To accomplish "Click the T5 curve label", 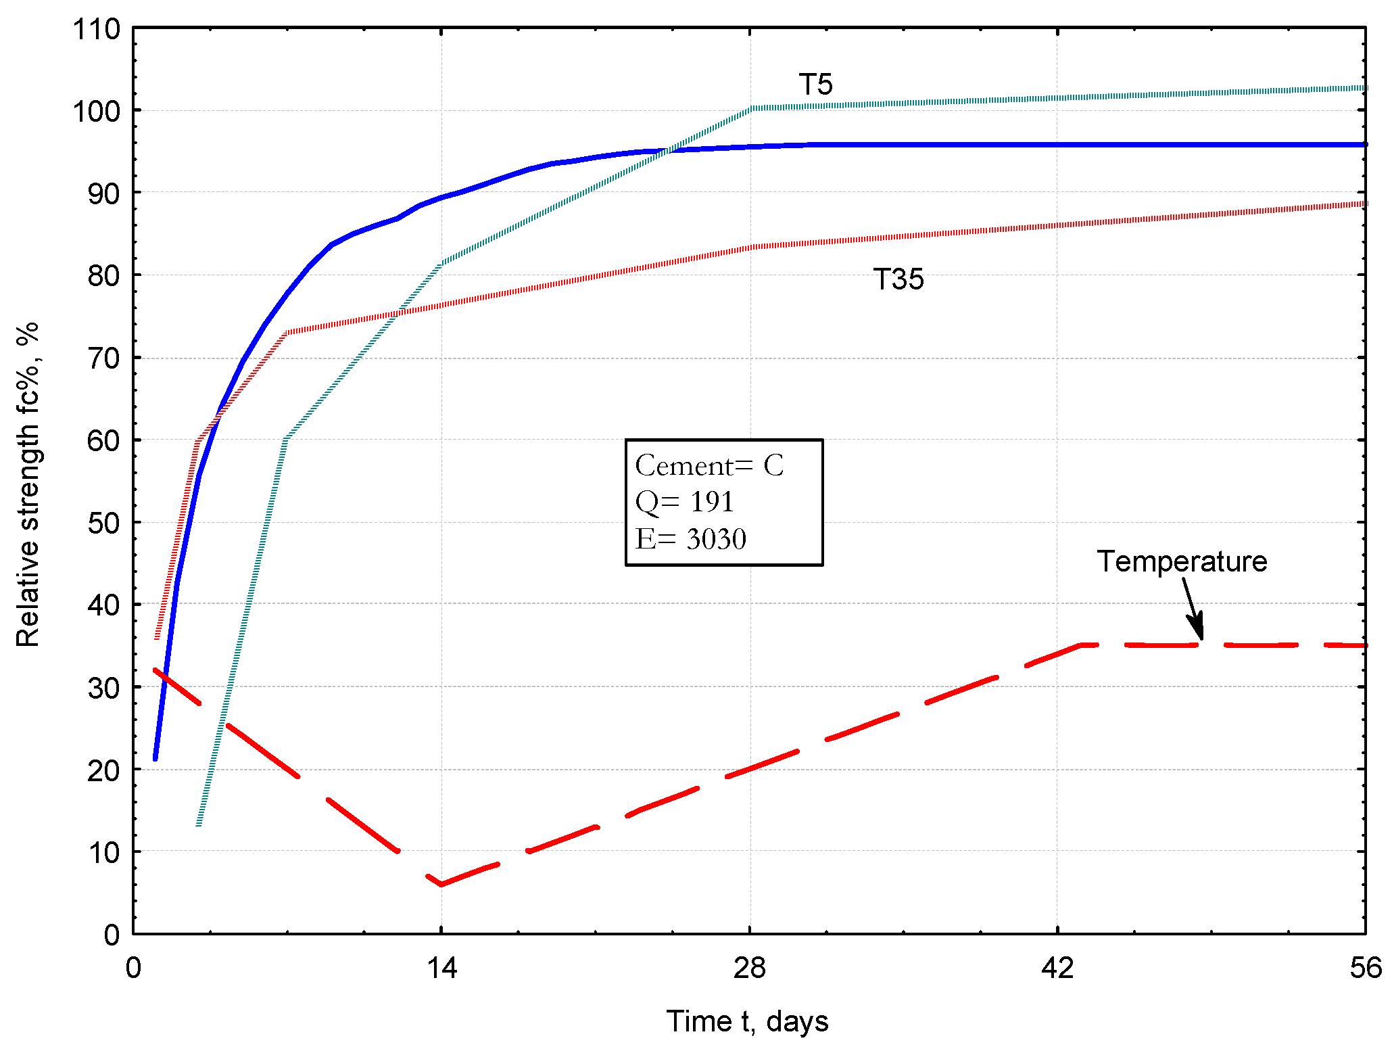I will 815,85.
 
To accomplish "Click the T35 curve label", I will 898,279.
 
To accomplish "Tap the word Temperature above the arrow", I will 1181,561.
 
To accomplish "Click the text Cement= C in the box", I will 709,465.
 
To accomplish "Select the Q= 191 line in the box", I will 684,502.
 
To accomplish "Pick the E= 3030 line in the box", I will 690,539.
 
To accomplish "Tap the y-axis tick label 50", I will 103,523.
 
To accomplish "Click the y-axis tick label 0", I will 112,935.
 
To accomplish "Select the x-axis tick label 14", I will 441,969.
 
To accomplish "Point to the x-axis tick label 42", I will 1057,969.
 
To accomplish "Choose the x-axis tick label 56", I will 1364,969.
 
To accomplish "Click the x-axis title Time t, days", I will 747,1021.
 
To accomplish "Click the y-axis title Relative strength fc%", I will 28,484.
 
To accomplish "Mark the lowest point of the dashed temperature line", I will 441,884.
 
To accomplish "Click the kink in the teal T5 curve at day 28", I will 750,108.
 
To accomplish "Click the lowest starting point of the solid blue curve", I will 155,759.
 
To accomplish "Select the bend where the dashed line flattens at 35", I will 1080,645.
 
